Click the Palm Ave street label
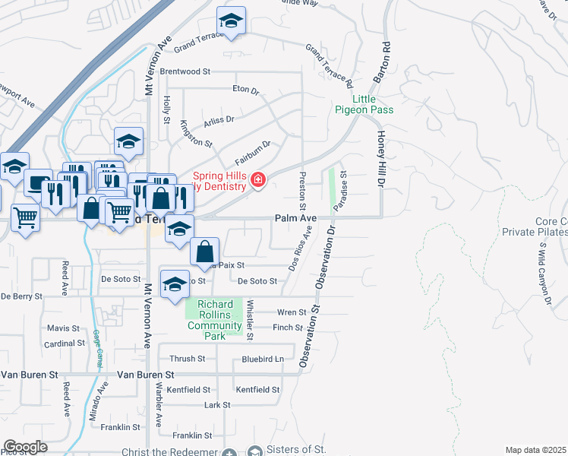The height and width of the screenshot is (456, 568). click(x=295, y=218)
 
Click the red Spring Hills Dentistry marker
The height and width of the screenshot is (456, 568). click(x=258, y=179)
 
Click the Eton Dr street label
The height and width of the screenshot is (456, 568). click(x=245, y=89)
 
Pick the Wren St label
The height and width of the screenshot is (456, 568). click(x=291, y=312)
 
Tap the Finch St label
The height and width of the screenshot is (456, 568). click(x=288, y=328)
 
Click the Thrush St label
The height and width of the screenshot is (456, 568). click(x=187, y=359)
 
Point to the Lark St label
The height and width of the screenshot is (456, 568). click(x=217, y=406)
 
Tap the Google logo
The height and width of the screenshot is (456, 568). click(x=25, y=447)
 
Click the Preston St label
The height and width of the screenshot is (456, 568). click(x=302, y=192)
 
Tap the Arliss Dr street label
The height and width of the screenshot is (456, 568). click(x=219, y=119)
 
